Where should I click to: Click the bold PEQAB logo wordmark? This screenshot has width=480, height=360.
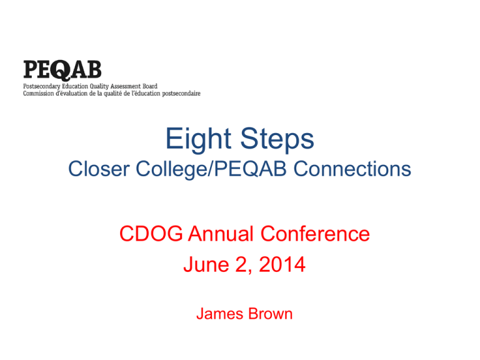tap(62, 70)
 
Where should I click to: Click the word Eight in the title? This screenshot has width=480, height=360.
tap(198, 139)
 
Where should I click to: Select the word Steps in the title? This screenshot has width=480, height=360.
tap(277, 139)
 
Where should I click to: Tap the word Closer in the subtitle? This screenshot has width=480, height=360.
tap(99, 169)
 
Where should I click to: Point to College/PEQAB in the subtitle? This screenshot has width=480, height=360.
tap(211, 169)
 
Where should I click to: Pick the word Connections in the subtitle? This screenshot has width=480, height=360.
tap(352, 169)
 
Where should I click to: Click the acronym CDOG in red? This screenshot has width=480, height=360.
tap(151, 234)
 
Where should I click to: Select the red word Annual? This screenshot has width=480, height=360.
tap(221, 234)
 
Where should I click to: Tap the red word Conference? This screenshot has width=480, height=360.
tap(315, 234)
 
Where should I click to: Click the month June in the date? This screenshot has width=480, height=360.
tap(206, 264)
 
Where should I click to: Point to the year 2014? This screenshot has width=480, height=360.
tap(282, 264)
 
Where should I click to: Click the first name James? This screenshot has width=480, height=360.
tap(220, 314)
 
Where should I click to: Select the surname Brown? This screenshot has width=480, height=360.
tap(270, 314)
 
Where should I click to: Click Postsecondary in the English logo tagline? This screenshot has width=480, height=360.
tap(42, 86)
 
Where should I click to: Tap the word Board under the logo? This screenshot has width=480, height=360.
tap(150, 86)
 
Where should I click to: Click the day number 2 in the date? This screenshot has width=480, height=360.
tap(241, 264)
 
